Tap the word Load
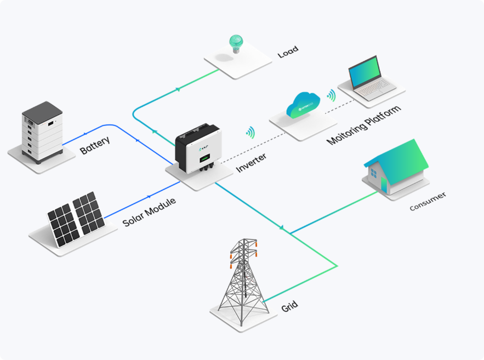[288, 52]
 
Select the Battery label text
[95, 145]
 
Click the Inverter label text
[252, 163]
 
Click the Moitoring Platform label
[363, 124]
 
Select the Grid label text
[289, 306]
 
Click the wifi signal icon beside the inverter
[251, 132]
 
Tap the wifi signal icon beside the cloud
[331, 95]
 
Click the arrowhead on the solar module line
[149, 196]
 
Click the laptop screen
[364, 73]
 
